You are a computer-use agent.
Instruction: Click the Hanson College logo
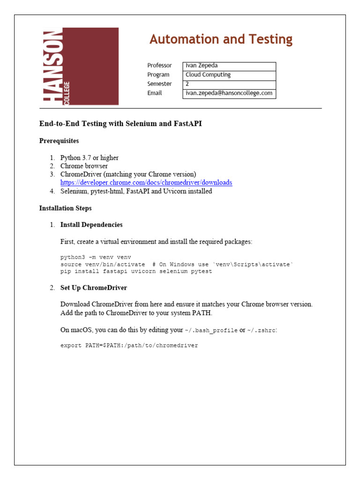click(x=81, y=66)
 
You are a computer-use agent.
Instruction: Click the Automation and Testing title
click(x=221, y=39)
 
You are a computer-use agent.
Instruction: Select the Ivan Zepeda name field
click(x=229, y=66)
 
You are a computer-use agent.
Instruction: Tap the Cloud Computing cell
click(x=229, y=75)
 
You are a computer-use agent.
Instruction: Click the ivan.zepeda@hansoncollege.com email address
click(x=229, y=93)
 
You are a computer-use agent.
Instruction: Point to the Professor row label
click(x=159, y=66)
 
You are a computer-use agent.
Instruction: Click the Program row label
click(x=158, y=75)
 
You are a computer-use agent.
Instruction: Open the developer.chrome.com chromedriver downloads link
click(x=146, y=182)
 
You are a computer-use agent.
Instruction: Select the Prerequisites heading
click(x=59, y=141)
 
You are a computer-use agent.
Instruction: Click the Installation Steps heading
click(x=65, y=208)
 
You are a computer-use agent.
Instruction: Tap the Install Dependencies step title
click(x=91, y=225)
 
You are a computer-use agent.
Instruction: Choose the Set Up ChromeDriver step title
click(x=94, y=288)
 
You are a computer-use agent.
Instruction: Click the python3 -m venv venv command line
click(x=96, y=257)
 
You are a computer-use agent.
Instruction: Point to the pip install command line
click(x=136, y=271)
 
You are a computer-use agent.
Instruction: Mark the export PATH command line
click(x=129, y=345)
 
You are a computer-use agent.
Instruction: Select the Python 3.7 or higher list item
click(x=89, y=157)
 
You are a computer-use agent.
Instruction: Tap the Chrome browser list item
click(x=84, y=166)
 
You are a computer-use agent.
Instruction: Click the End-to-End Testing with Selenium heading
click(x=120, y=124)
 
